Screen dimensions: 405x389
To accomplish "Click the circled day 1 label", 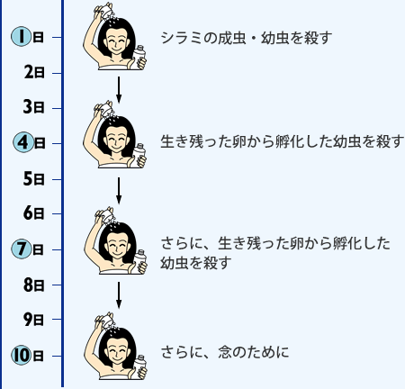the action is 28,37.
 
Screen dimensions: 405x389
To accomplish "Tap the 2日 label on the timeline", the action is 34,72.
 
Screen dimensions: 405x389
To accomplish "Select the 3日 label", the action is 34,107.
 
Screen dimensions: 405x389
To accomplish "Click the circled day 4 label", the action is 29,142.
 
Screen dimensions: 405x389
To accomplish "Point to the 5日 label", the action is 34,179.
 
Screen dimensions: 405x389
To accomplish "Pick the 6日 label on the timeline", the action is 34,213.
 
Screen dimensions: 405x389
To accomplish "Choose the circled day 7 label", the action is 28,249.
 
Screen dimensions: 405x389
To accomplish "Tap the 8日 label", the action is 34,285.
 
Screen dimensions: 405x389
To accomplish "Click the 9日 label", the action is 34,320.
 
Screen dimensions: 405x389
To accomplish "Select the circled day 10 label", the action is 28,356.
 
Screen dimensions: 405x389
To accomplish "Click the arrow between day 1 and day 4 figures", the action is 119,89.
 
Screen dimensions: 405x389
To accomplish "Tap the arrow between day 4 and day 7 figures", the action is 119,191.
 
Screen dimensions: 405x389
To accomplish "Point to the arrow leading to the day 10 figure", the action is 119,295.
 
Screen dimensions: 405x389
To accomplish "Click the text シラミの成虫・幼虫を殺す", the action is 247,38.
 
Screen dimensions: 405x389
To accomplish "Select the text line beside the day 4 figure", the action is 283,141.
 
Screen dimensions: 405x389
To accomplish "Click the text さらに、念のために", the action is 225,352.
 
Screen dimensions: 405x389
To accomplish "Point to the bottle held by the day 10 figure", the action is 140,366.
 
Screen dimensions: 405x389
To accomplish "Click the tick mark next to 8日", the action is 57,285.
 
